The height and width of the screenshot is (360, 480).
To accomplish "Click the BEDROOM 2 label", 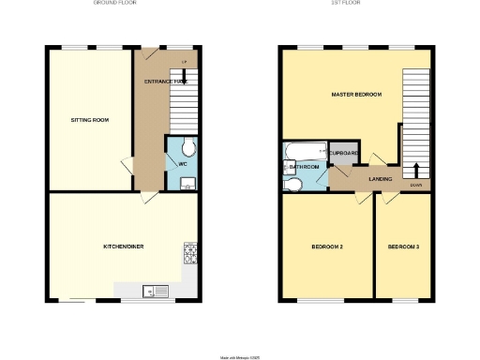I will [x=327, y=247].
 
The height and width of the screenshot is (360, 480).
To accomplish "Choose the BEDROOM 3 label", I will [x=403, y=247].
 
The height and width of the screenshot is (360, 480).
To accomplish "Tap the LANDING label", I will [x=380, y=178].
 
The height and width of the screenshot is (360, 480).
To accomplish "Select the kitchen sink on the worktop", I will [x=153, y=292].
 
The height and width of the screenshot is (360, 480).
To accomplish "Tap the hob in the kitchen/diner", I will [x=190, y=253].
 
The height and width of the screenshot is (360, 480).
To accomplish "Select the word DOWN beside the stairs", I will [x=416, y=184].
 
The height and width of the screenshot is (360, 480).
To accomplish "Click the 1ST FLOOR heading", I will [x=355, y=4].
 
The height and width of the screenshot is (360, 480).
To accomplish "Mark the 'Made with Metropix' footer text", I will [x=239, y=355].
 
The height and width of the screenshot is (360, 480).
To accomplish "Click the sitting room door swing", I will [x=125, y=166].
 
